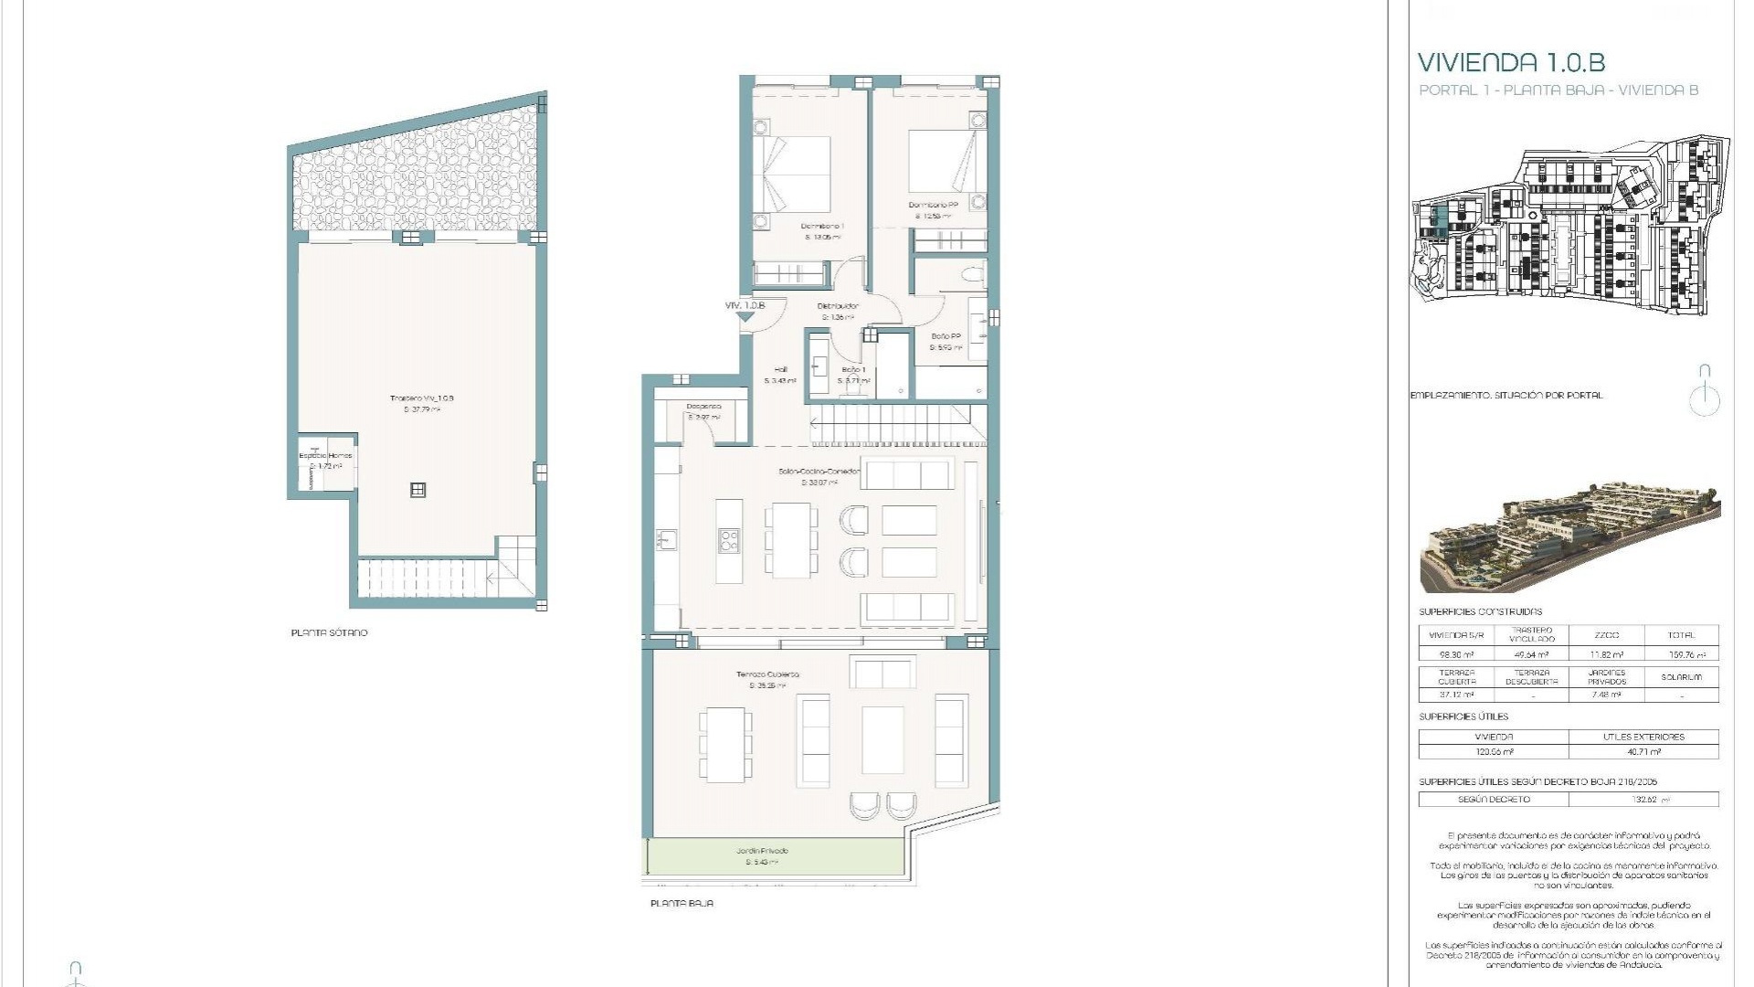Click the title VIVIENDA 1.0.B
pyautogui.click(x=1511, y=63)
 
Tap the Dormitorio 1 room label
pyautogui.click(x=821, y=227)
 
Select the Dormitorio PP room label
pyautogui.click(x=933, y=206)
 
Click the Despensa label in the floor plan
pyautogui.click(x=703, y=407)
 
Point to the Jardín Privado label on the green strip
pyautogui.click(x=762, y=851)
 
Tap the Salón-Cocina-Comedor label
pyautogui.click(x=819, y=472)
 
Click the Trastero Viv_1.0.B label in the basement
pyautogui.click(x=421, y=398)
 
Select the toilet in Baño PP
pyautogui.click(x=969, y=274)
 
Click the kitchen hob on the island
pyautogui.click(x=729, y=540)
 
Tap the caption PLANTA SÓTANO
pyautogui.click(x=329, y=632)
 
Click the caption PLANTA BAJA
pyautogui.click(x=682, y=903)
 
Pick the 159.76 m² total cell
pyautogui.click(x=1681, y=654)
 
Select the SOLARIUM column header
pyautogui.click(x=1681, y=677)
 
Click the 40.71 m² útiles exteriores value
pyautogui.click(x=1643, y=751)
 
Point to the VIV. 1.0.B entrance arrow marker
pyautogui.click(x=746, y=316)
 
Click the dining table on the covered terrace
pyautogui.click(x=726, y=744)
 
